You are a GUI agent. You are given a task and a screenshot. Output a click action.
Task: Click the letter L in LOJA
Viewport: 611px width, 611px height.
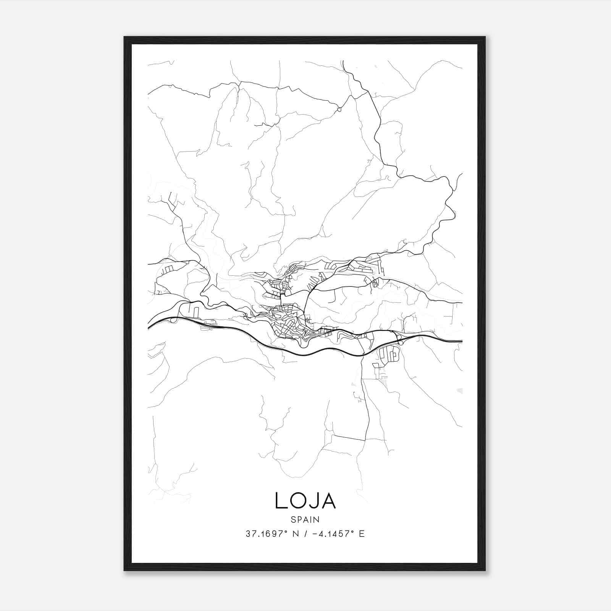281,501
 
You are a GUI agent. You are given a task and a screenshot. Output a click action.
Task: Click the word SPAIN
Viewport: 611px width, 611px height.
305,520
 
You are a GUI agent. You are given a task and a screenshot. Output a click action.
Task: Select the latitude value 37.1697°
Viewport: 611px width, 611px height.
266,534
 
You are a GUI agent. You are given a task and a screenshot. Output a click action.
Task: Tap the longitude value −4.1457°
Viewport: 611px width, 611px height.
331,534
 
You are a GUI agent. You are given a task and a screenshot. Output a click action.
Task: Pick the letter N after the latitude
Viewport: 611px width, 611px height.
295,534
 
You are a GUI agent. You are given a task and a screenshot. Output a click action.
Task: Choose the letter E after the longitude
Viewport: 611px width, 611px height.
362,534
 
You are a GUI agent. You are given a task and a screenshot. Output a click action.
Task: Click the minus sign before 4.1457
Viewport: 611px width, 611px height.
314,534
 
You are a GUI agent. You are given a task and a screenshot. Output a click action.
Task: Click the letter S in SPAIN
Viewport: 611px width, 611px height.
293,520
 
